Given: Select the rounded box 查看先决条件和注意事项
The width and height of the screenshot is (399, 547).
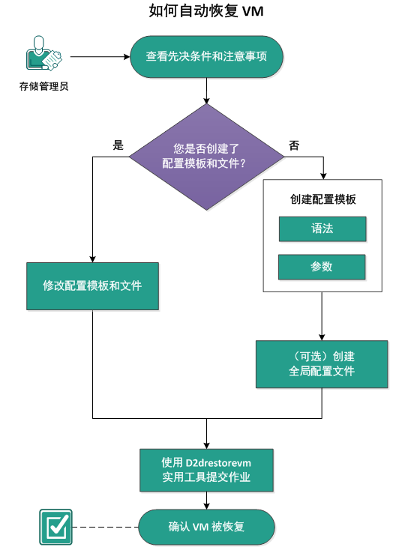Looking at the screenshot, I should pyautogui.click(x=206, y=57).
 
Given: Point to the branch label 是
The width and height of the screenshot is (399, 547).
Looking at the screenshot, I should pyautogui.click(x=118, y=145).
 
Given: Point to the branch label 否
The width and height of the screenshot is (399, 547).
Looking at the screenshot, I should pyautogui.click(x=293, y=145).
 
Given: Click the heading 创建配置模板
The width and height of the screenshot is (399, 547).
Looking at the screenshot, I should pyautogui.click(x=322, y=200).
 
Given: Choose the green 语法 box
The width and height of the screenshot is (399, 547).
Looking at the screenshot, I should pyautogui.click(x=322, y=229).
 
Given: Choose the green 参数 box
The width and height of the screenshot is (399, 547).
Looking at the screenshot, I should pyautogui.click(x=322, y=267).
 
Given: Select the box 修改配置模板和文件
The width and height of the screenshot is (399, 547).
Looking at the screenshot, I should pyautogui.click(x=92, y=286).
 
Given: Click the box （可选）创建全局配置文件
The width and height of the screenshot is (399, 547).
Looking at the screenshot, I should pyautogui.click(x=322, y=364).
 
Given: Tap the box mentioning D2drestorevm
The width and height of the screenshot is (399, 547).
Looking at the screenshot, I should pyautogui.click(x=206, y=470).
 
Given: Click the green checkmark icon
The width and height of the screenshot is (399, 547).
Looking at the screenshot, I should pyautogui.click(x=55, y=526).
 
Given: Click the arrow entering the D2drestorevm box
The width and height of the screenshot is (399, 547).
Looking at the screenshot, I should pyautogui.click(x=206, y=433).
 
